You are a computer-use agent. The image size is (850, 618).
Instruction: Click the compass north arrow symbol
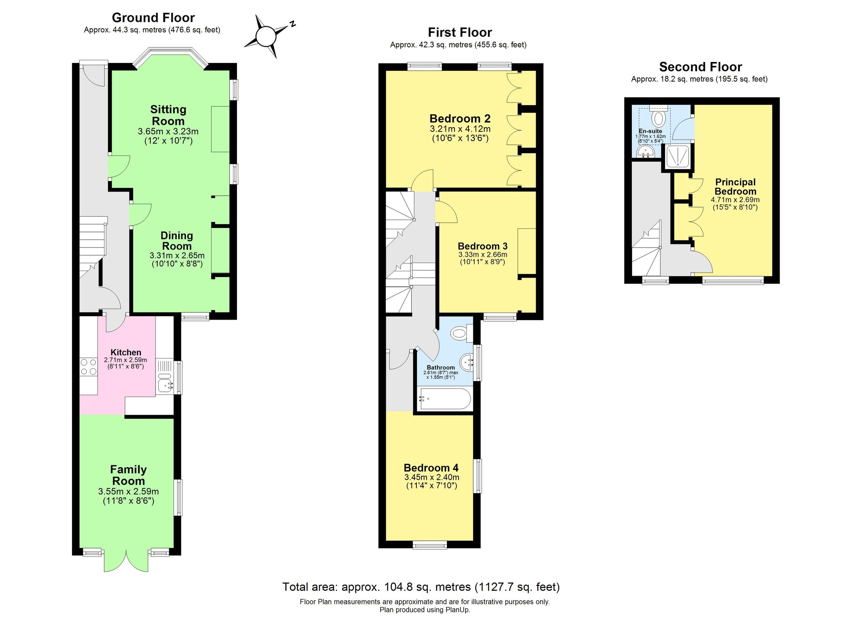pos(266,37)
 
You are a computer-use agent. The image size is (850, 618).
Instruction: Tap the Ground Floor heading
pos(153,18)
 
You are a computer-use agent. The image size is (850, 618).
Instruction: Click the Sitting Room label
pos(168,115)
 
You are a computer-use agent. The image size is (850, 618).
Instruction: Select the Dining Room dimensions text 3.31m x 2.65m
pos(177,256)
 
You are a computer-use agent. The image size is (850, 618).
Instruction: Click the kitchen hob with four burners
pos(88,367)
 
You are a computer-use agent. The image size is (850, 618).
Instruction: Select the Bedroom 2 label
pos(460,119)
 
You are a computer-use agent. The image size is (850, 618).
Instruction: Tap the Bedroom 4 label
pos(431,468)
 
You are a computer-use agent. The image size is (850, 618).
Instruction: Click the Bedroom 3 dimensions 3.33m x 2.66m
pos(483,255)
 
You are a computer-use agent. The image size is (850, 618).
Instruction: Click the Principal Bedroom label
pos(735,187)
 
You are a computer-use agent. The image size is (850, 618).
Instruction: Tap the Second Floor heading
pos(700,67)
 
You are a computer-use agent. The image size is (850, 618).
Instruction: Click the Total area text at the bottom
pos(420,587)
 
